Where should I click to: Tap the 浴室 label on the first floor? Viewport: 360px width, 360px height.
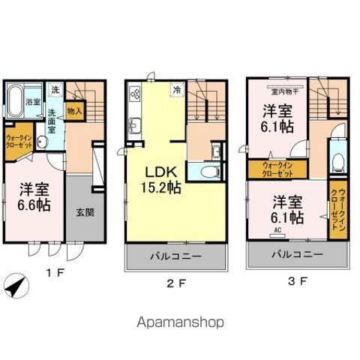[x=33, y=102]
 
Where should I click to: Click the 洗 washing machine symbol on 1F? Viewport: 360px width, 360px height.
[x=55, y=91]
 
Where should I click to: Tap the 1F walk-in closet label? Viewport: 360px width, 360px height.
[x=18, y=142]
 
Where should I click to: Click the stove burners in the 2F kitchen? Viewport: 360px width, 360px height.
[x=136, y=94]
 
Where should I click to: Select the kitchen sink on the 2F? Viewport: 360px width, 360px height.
[x=135, y=125]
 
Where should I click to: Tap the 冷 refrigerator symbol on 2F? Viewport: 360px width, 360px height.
[x=177, y=89]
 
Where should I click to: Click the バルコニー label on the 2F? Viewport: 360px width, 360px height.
[x=177, y=256]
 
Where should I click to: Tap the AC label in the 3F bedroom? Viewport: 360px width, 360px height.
[x=277, y=230]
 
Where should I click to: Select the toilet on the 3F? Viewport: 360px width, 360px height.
[x=337, y=163]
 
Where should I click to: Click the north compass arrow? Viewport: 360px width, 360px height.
[x=16, y=286]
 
